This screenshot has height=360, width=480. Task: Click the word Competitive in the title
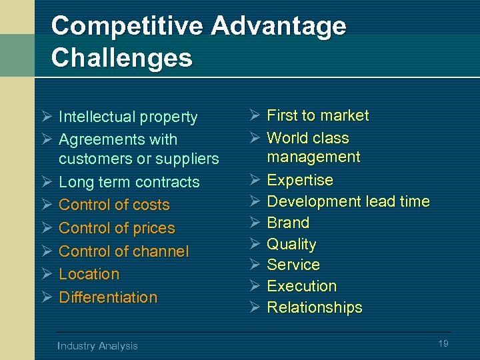(x=126, y=26)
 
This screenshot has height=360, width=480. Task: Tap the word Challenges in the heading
(x=121, y=57)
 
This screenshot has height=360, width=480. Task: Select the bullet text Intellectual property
(x=128, y=117)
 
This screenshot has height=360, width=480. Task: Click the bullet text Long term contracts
(x=129, y=182)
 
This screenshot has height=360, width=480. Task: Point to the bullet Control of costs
(x=114, y=205)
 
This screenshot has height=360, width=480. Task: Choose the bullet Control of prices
(x=117, y=228)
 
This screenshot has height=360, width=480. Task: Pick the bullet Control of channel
(x=123, y=251)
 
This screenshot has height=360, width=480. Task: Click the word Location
(x=89, y=274)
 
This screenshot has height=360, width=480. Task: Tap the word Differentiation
(x=108, y=297)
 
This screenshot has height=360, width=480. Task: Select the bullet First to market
(x=317, y=115)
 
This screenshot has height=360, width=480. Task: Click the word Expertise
(x=299, y=180)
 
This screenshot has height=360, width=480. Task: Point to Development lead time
(x=348, y=201)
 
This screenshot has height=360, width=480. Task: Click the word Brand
(x=288, y=223)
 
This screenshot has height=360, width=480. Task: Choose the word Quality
(x=291, y=244)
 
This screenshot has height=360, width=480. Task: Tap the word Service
(x=293, y=265)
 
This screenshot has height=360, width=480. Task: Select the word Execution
(x=301, y=286)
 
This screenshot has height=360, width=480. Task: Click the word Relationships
(x=315, y=307)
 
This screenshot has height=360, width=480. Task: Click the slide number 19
(x=443, y=343)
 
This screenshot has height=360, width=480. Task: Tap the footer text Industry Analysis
(x=97, y=345)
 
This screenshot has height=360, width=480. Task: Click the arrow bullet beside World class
(x=253, y=138)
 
